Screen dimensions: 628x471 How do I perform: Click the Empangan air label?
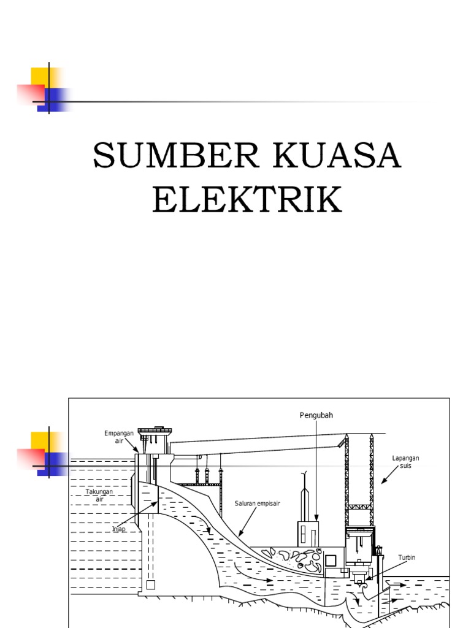(x=118, y=437)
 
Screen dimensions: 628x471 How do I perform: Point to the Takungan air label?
(x=99, y=495)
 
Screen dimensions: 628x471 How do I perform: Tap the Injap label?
(x=118, y=529)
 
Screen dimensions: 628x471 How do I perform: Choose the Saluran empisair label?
(x=257, y=504)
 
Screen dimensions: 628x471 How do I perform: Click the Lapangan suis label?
(x=405, y=462)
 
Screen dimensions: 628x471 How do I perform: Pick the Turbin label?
(x=407, y=557)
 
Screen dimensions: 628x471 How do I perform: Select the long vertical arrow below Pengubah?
(x=315, y=472)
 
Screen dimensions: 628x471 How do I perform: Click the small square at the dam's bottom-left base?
(x=151, y=584)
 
